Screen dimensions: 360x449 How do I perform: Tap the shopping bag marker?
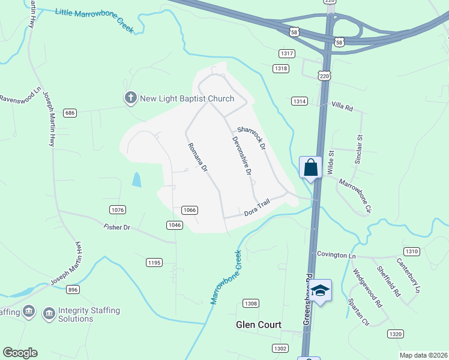[310, 167]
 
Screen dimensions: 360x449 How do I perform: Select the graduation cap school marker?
[321, 290]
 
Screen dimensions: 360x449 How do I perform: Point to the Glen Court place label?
[258, 325]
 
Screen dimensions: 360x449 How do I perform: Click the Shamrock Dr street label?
[251, 137]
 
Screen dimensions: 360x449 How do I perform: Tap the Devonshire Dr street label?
[242, 155]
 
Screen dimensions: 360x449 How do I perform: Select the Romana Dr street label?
[197, 158]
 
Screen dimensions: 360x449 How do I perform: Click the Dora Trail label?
[258, 209]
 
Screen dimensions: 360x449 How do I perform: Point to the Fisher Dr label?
[116, 227]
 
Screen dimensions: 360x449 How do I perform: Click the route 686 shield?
[70, 113]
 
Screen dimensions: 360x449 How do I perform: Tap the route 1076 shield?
[118, 209]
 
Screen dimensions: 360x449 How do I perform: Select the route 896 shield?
[73, 289]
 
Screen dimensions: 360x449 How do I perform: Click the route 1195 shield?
[154, 262]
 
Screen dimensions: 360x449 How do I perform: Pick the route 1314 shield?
[300, 101]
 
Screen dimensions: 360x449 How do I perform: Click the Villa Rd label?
[342, 106]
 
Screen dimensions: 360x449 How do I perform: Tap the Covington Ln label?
[336, 256]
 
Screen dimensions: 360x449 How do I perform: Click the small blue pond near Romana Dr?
[137, 179]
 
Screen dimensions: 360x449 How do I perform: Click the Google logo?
[20, 353]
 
